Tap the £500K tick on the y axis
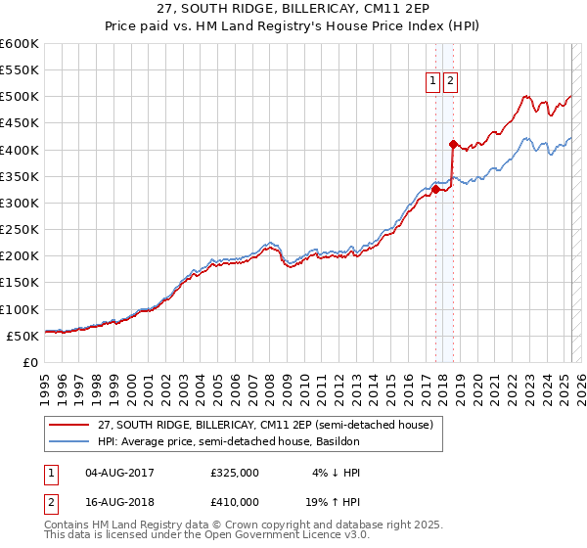pos(19,97)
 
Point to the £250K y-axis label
pos(19,230)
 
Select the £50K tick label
pos(23,336)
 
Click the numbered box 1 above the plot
pos(432,83)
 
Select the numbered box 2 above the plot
pos(450,83)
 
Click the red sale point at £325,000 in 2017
pos(435,190)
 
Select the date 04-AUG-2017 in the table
pos(120,473)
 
